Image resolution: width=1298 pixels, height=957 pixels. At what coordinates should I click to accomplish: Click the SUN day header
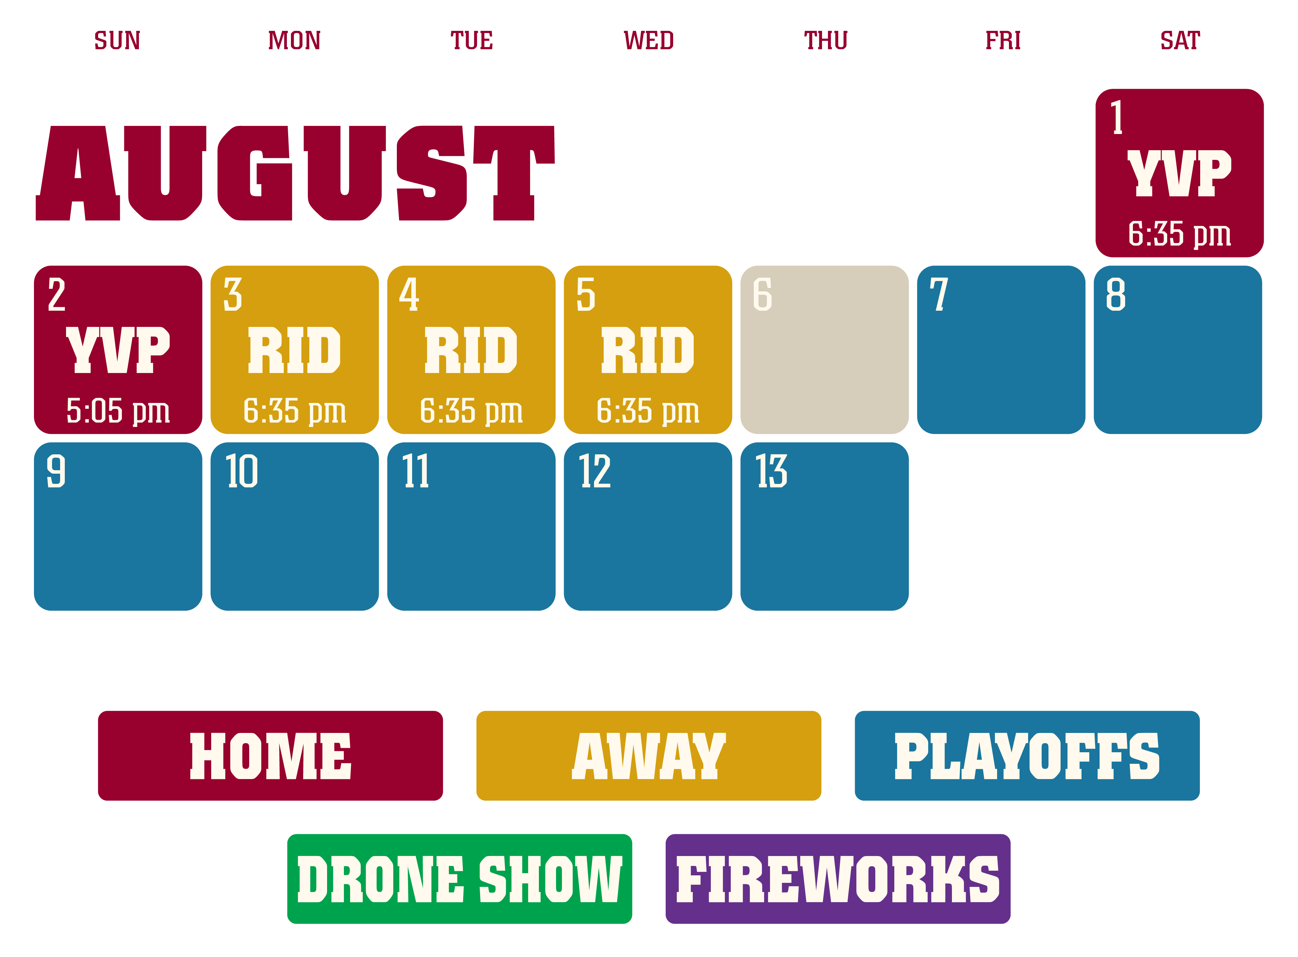[x=117, y=41]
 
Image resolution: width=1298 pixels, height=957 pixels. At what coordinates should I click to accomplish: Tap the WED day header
[x=649, y=41]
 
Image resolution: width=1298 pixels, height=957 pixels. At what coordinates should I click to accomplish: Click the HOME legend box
[x=270, y=755]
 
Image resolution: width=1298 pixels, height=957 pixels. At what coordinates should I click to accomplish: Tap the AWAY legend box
[x=649, y=755]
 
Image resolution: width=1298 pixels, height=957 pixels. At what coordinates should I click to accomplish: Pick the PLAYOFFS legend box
[x=1027, y=755]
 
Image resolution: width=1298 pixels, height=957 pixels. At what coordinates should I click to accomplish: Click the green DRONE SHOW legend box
[x=460, y=879]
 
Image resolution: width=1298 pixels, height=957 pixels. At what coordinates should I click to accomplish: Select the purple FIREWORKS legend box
[x=838, y=879]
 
